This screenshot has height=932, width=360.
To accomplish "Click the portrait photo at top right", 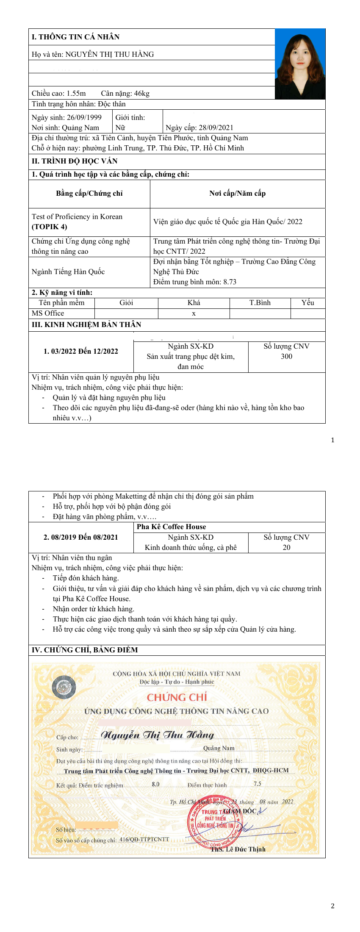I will [300, 64].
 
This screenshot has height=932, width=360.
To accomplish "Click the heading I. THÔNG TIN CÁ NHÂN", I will [75, 37].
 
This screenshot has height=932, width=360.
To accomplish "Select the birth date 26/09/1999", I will [84, 117].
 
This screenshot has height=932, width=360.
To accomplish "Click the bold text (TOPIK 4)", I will [49, 227].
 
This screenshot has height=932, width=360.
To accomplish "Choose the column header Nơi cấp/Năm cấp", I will [237, 194].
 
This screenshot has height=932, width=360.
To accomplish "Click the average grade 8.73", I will [229, 282].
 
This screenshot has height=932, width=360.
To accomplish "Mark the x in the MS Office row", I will [194, 313].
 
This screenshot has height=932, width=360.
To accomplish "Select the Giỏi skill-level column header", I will [126, 302].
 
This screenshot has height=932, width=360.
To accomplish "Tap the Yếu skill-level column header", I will [307, 302].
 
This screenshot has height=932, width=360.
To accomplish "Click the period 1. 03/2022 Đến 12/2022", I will [81, 351].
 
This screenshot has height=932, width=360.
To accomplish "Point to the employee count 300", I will [286, 356].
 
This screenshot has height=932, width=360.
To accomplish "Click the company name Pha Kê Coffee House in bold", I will [171, 527].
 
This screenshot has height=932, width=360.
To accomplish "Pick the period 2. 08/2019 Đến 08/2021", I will [81, 537].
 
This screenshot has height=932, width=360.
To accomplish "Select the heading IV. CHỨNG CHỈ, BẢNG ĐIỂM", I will [85, 650].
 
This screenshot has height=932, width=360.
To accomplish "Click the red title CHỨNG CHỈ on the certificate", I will [177, 697].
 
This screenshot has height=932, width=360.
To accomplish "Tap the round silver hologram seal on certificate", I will [64, 687].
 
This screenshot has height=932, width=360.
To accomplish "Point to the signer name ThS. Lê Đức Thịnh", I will [238, 849].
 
